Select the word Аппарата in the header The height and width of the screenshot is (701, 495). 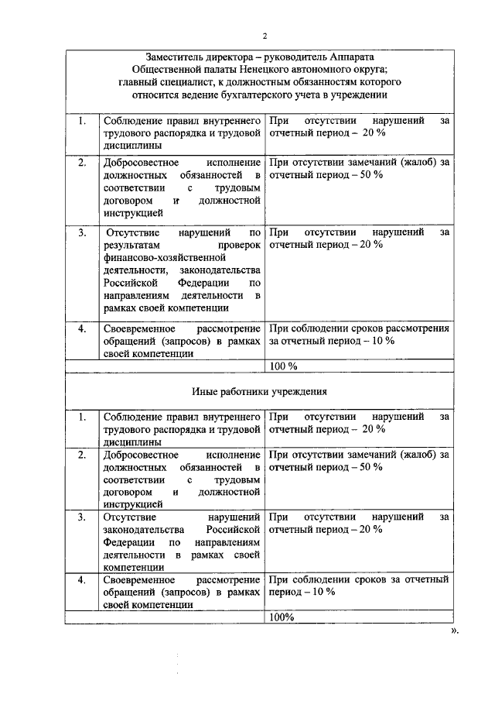click(x=353, y=57)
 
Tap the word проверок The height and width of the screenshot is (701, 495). click(x=240, y=244)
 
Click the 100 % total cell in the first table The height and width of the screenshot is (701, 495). click(x=284, y=366)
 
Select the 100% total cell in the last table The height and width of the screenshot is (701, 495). click(x=282, y=617)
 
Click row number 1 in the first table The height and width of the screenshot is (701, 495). click(x=82, y=121)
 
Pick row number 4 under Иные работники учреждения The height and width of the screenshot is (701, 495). click(x=82, y=579)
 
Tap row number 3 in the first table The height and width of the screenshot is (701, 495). click(x=82, y=232)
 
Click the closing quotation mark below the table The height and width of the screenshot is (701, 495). click(x=454, y=630)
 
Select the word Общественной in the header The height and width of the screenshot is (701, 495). click(x=121, y=70)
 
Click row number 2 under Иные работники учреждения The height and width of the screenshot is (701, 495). click(x=82, y=454)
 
